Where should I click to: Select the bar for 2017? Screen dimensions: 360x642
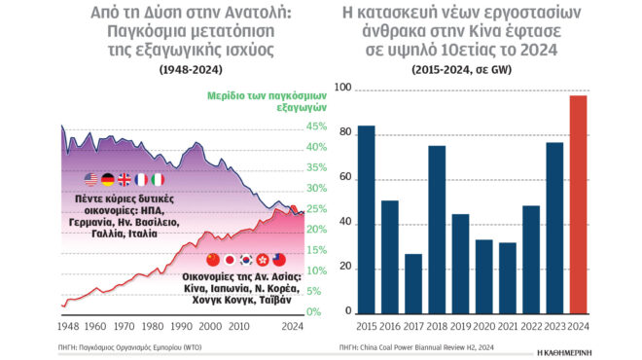point(413,284)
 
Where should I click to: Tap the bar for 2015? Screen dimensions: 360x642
point(366,220)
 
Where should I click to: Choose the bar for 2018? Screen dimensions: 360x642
point(437,230)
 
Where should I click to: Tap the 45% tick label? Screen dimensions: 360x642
point(317,126)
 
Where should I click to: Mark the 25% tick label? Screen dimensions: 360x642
point(317,209)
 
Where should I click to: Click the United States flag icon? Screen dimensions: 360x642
point(91,179)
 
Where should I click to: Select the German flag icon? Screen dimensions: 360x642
point(108,179)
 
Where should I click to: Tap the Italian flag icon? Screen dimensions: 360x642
point(158,179)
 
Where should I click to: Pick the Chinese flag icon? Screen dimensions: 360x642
point(215,259)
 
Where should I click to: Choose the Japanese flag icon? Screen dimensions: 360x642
point(232,259)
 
